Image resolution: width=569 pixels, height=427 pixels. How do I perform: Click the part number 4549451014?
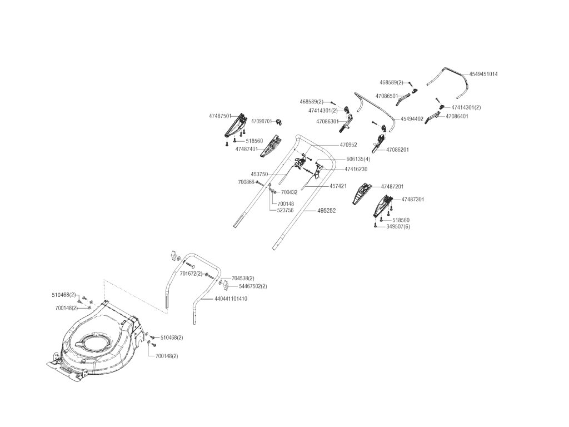click(483, 74)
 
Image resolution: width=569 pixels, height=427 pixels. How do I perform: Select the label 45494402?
click(412, 118)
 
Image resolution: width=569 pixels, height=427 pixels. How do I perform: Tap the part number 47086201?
click(397, 150)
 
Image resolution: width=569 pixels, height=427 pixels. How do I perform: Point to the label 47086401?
click(457, 116)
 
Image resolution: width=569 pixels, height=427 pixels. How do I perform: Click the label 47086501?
click(387, 96)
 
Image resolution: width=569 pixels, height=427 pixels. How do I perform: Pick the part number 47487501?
click(220, 116)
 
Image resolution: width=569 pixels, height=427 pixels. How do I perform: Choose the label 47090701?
click(261, 121)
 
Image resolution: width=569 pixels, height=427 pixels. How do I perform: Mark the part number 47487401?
click(246, 149)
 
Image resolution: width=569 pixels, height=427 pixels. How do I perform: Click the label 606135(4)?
click(357, 159)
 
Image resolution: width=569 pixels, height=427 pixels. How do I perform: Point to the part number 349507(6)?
click(398, 226)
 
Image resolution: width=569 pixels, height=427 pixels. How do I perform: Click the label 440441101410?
click(230, 299)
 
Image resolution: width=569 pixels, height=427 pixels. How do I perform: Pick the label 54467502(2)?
click(252, 286)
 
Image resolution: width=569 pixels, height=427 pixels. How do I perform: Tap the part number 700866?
click(246, 182)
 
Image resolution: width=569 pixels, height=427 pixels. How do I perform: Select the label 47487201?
click(392, 186)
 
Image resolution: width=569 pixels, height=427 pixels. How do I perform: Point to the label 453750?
click(259, 174)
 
